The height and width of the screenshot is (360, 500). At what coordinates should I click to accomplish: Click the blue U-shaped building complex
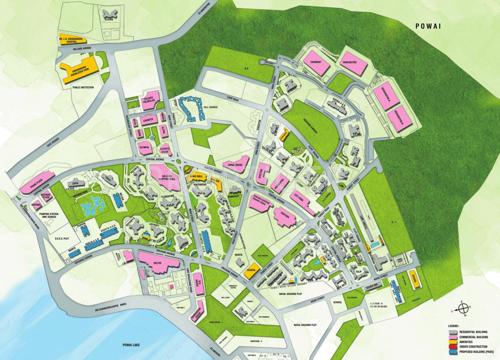(x=190, y=109)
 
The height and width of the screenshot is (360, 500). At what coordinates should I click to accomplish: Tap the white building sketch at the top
(x=108, y=14)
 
